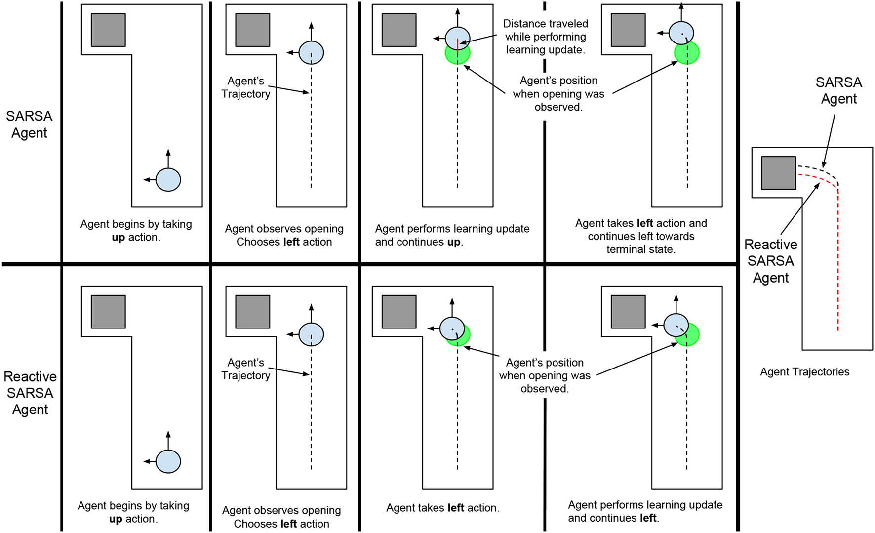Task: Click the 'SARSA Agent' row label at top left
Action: tap(29, 124)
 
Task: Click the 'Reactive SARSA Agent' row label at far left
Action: tap(30, 393)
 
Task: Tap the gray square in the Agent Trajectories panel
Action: tap(779, 173)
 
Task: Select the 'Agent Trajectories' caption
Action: tap(804, 372)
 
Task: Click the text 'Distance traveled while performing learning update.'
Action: tap(545, 37)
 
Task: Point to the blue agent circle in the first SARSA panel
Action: tap(168, 179)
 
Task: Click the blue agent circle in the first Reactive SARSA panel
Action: tap(168, 461)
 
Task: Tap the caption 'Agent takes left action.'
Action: tap(442, 508)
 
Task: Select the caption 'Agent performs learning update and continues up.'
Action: tap(452, 235)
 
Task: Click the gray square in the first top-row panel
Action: tap(108, 30)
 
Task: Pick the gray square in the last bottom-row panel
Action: tap(628, 312)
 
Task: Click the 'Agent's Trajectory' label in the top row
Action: tap(246, 87)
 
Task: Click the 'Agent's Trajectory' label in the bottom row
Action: tap(246, 369)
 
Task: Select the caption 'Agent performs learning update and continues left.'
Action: tap(645, 511)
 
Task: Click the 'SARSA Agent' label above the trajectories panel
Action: tap(838, 90)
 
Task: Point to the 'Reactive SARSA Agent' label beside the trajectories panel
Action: tap(770, 261)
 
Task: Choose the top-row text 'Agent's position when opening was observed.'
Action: tap(558, 94)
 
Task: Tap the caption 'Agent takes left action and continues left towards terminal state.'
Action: tap(641, 236)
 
